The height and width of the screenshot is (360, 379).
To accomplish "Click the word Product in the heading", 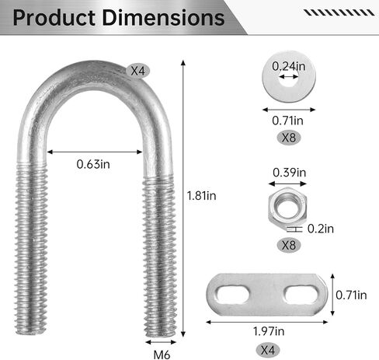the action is click(x=54, y=18).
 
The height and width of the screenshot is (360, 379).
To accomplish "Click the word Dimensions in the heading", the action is click(x=164, y=18).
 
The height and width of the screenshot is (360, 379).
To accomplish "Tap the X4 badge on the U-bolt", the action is click(x=138, y=71).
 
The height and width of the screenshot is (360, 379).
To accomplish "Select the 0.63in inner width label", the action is click(x=93, y=164).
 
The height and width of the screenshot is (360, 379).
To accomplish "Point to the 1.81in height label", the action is click(x=202, y=196).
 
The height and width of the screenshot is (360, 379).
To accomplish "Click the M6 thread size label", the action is click(x=162, y=355).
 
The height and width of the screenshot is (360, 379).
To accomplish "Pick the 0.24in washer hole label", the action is click(x=289, y=67).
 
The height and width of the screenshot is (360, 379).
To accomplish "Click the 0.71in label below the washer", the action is click(x=287, y=121).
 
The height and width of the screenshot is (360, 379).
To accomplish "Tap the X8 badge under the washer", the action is click(x=289, y=138).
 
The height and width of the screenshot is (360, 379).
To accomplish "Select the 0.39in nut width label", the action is click(x=290, y=173).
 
